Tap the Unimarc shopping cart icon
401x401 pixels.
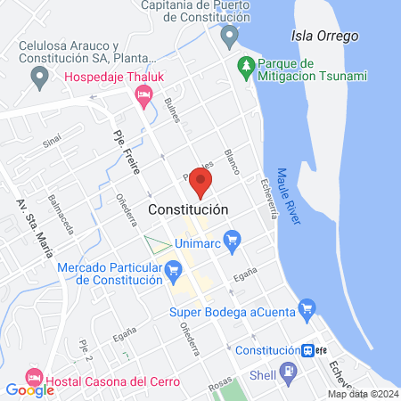233,240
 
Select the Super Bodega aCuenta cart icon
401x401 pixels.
307,309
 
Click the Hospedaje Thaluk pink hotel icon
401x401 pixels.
143,97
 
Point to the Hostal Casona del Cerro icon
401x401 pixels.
35,375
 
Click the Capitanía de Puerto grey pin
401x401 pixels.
230,37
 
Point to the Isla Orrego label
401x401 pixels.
323,37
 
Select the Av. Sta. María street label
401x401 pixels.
33,227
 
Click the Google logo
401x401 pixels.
30,389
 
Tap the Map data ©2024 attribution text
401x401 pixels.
363,394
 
